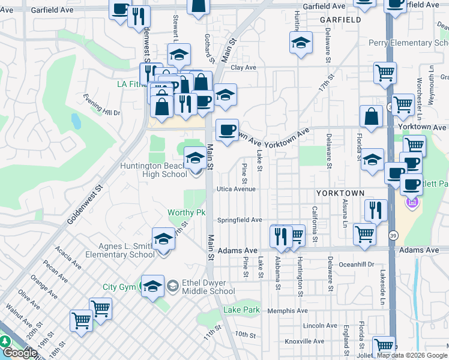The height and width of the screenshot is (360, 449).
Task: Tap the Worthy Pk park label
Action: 187,212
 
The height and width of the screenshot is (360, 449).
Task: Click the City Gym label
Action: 119,287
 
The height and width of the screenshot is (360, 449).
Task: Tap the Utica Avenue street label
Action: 236,189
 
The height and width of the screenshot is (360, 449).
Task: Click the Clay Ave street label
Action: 244,68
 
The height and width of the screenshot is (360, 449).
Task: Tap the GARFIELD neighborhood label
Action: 340,20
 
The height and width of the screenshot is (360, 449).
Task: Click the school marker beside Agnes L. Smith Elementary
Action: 163,241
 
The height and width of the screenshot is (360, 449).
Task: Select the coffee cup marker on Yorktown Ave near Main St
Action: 226,130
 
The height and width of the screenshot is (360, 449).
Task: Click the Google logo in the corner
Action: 20,353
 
